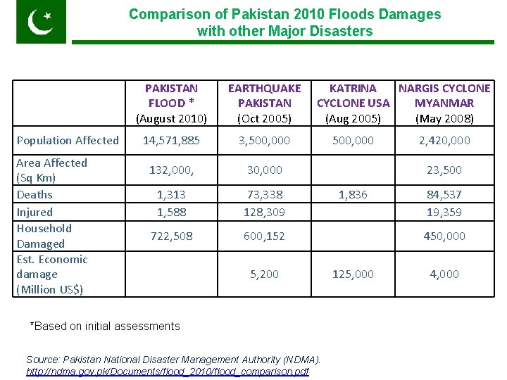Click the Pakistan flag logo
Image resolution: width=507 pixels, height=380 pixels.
[41, 22]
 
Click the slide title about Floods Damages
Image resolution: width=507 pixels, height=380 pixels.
[284, 23]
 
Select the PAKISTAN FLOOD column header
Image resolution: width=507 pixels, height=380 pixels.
[171, 103]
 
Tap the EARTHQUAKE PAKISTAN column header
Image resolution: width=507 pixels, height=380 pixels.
[264, 103]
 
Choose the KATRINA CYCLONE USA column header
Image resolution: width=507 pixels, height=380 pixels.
[353, 103]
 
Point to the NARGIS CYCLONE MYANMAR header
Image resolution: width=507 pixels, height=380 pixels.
[444, 103]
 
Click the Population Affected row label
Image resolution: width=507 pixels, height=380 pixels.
[68, 140]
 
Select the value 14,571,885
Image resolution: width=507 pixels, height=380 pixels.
[171, 140]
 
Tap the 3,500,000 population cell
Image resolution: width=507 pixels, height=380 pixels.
[264, 140]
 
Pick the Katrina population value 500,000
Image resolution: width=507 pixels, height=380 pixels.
[353, 140]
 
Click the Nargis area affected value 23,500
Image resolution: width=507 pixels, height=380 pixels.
[444, 170]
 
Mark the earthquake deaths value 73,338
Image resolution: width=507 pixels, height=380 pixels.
[264, 194]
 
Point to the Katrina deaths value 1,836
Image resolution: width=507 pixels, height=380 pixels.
[353, 194]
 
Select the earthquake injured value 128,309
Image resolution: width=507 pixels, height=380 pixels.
[264, 211]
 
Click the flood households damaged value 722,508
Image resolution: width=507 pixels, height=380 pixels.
[171, 236]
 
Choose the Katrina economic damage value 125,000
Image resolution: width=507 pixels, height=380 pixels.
[353, 274]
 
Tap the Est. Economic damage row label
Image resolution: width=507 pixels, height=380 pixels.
[52, 274]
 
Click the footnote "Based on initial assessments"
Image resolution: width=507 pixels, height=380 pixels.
[105, 326]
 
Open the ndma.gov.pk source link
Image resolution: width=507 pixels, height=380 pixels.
[168, 371]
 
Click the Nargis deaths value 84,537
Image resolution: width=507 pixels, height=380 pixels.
[444, 194]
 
